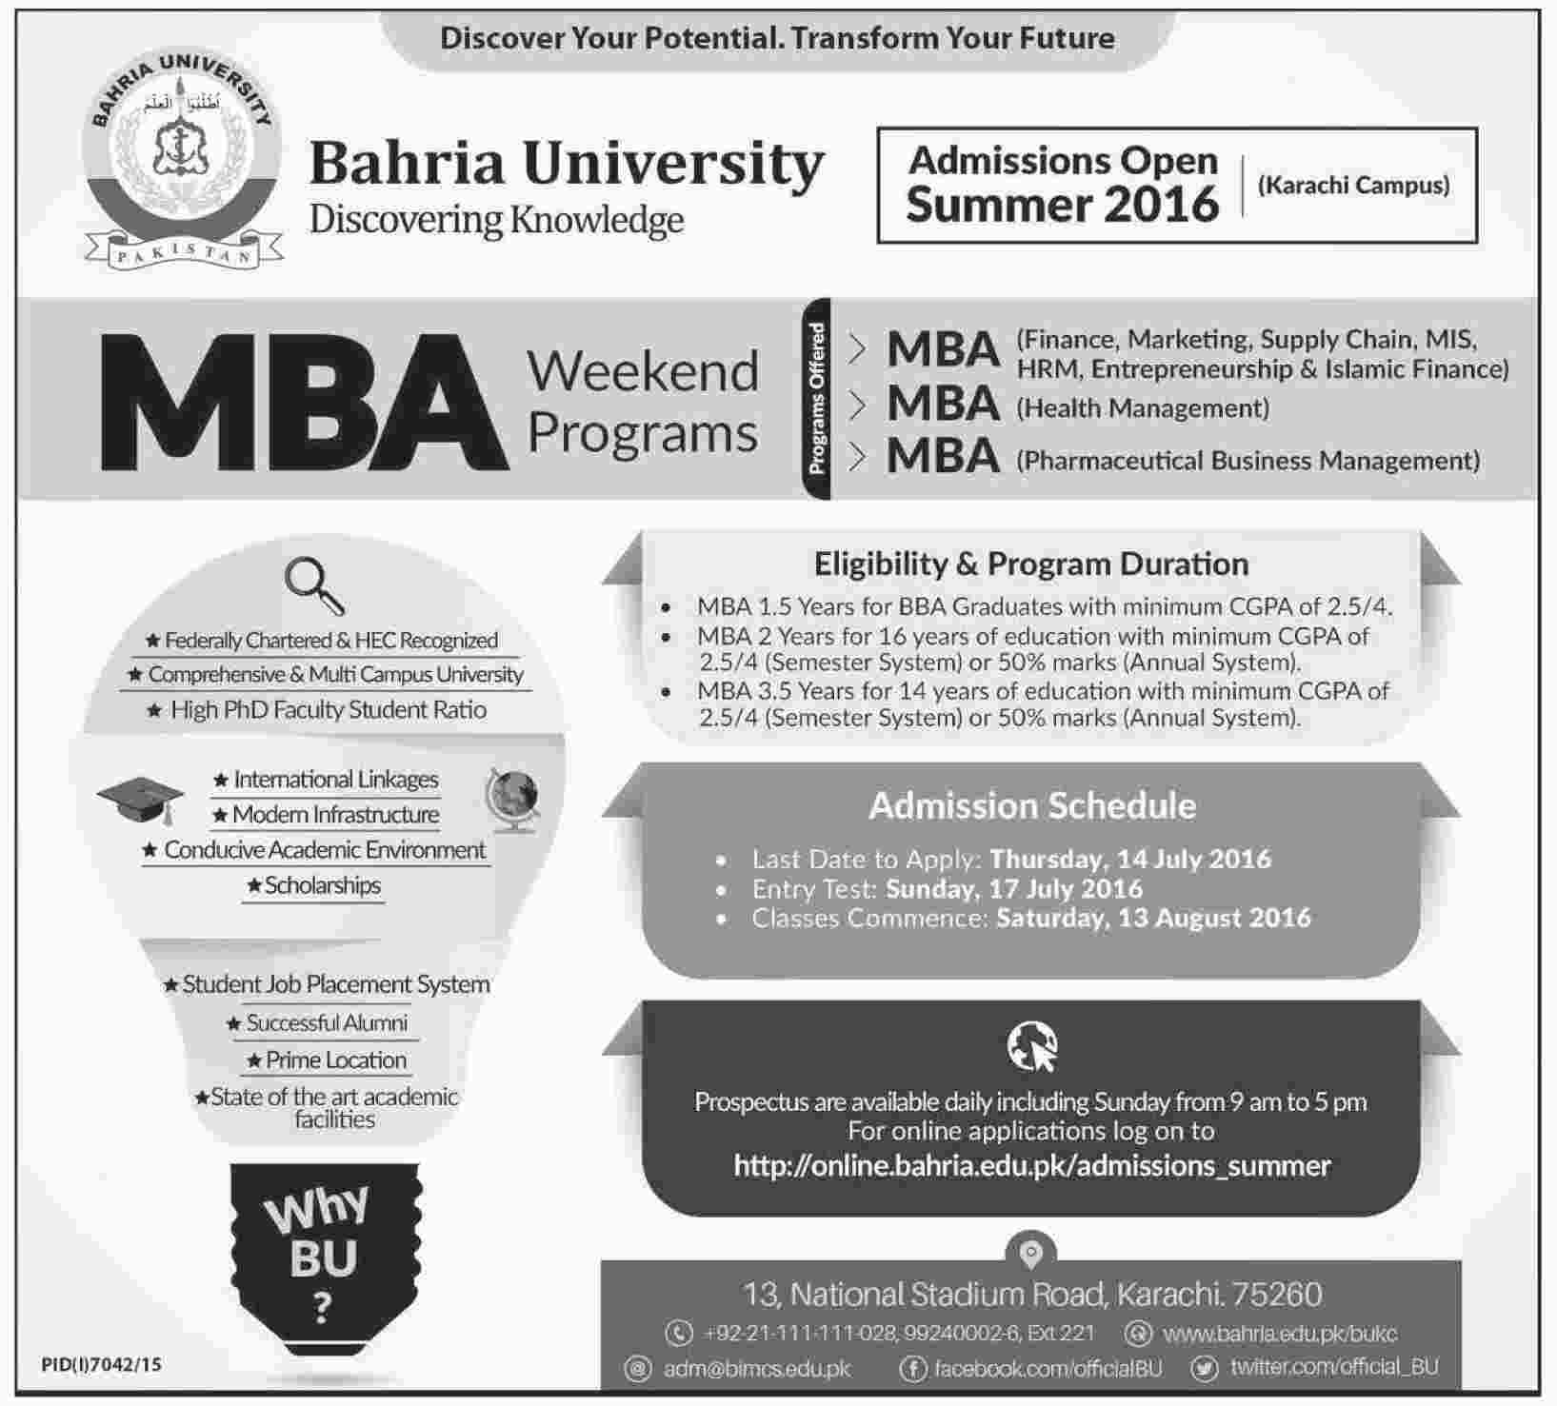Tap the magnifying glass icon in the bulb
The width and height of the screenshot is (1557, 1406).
[314, 585]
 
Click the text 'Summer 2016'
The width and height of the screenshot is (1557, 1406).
[1062, 205]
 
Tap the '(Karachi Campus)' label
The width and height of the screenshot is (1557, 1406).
[1353, 185]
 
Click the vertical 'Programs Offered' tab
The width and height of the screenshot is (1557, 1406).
[817, 399]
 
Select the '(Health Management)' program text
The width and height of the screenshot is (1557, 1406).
[1143, 408]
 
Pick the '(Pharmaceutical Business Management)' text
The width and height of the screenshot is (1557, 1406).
[1248, 461]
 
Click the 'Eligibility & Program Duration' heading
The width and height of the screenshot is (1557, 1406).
[1031, 564]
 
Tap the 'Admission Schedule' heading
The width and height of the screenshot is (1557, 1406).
[1032, 806]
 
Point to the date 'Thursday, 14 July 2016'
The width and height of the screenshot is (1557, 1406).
[1130, 859]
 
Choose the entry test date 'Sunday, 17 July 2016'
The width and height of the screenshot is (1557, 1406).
[1013, 888]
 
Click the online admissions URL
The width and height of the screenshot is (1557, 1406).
[1032, 1165]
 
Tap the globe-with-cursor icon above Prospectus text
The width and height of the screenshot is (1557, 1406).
[1032, 1047]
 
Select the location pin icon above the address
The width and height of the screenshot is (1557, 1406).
[1031, 1253]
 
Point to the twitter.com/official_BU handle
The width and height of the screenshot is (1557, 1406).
[1333, 1367]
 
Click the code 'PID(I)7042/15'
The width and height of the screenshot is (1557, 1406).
[102, 1365]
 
